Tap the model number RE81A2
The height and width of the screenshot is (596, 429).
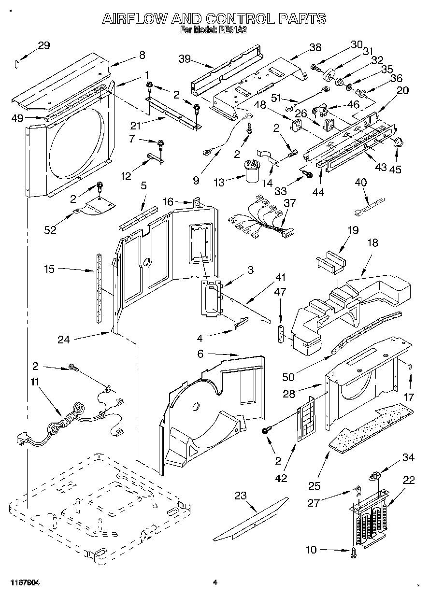233,30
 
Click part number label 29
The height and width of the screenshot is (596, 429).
43,45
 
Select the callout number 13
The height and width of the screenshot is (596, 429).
219,183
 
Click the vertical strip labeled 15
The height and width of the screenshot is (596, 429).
99,288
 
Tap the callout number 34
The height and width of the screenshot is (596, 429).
408,457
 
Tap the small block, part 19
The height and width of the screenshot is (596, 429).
331,262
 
